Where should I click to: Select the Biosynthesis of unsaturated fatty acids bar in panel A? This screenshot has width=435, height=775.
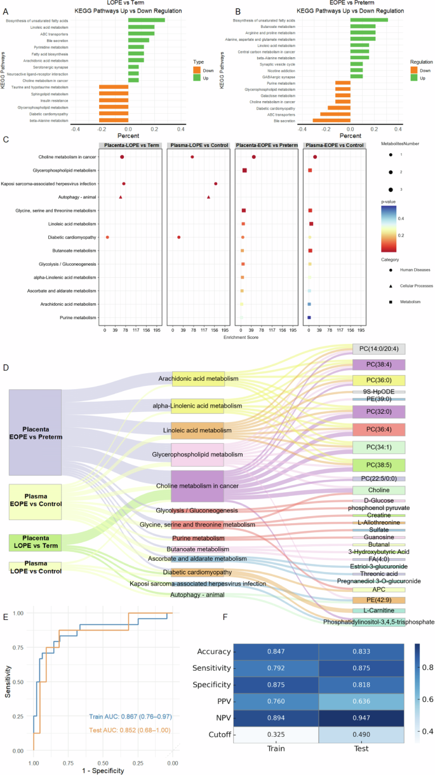click(x=147, y=20)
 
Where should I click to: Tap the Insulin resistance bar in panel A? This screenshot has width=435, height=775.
click(x=114, y=100)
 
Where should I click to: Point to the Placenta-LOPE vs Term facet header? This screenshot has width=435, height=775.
click(x=131, y=145)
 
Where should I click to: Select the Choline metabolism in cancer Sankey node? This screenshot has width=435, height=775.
click(x=198, y=486)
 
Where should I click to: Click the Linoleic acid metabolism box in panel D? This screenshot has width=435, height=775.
click(x=198, y=431)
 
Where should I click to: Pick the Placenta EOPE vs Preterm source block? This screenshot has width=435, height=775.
click(x=35, y=432)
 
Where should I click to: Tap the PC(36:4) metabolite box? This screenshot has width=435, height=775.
click(x=378, y=429)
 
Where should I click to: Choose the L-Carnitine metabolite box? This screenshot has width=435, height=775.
click(x=378, y=610)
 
